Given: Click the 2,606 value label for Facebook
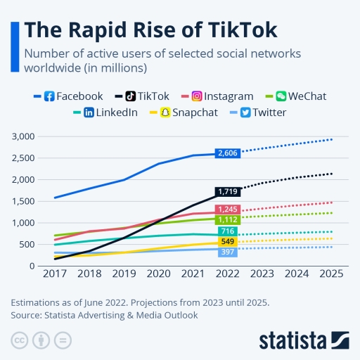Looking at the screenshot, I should tap(229, 153).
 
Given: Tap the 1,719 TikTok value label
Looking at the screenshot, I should tap(229, 191).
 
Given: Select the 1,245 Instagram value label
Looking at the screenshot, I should tap(229, 210).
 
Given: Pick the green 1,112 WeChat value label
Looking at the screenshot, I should tap(229, 220).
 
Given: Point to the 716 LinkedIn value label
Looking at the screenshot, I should tap(227, 231).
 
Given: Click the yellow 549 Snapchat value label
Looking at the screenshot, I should tap(227, 242).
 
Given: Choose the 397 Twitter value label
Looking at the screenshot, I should tap(227, 252).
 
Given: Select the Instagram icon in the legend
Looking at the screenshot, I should tap(198, 96).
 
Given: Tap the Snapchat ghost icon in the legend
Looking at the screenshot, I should tap(167, 112).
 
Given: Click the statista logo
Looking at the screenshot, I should tap(303, 340).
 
